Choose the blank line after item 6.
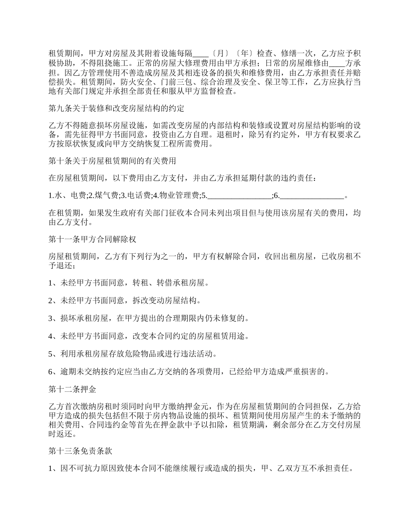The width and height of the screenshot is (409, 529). (312, 196)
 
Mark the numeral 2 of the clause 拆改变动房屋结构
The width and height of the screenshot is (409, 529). (50, 301)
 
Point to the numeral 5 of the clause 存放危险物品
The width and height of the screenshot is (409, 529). (50, 354)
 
